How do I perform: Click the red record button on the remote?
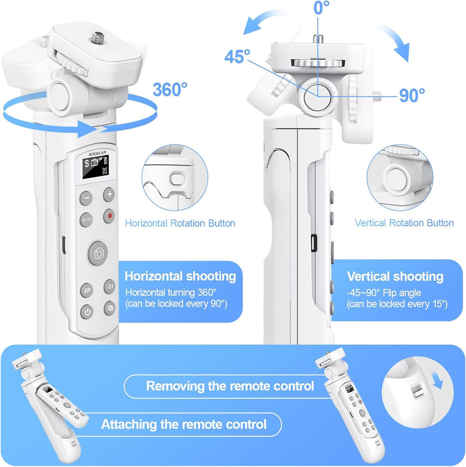point(109,216)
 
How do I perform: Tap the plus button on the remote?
point(109,195)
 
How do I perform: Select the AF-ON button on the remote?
point(86,220)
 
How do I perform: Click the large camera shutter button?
point(98,253)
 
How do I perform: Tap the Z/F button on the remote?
point(86,290)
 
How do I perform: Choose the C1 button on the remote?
point(110,287)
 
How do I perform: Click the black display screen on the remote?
point(95,167)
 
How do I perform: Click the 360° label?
point(170,89)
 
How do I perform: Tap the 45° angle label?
point(237,56)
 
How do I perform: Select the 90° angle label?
point(412,95)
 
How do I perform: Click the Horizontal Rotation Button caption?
point(180,223)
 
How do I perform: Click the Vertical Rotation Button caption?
point(404,223)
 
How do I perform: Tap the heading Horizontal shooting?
point(180,276)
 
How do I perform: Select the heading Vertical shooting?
point(395,277)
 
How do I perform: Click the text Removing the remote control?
point(230,386)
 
